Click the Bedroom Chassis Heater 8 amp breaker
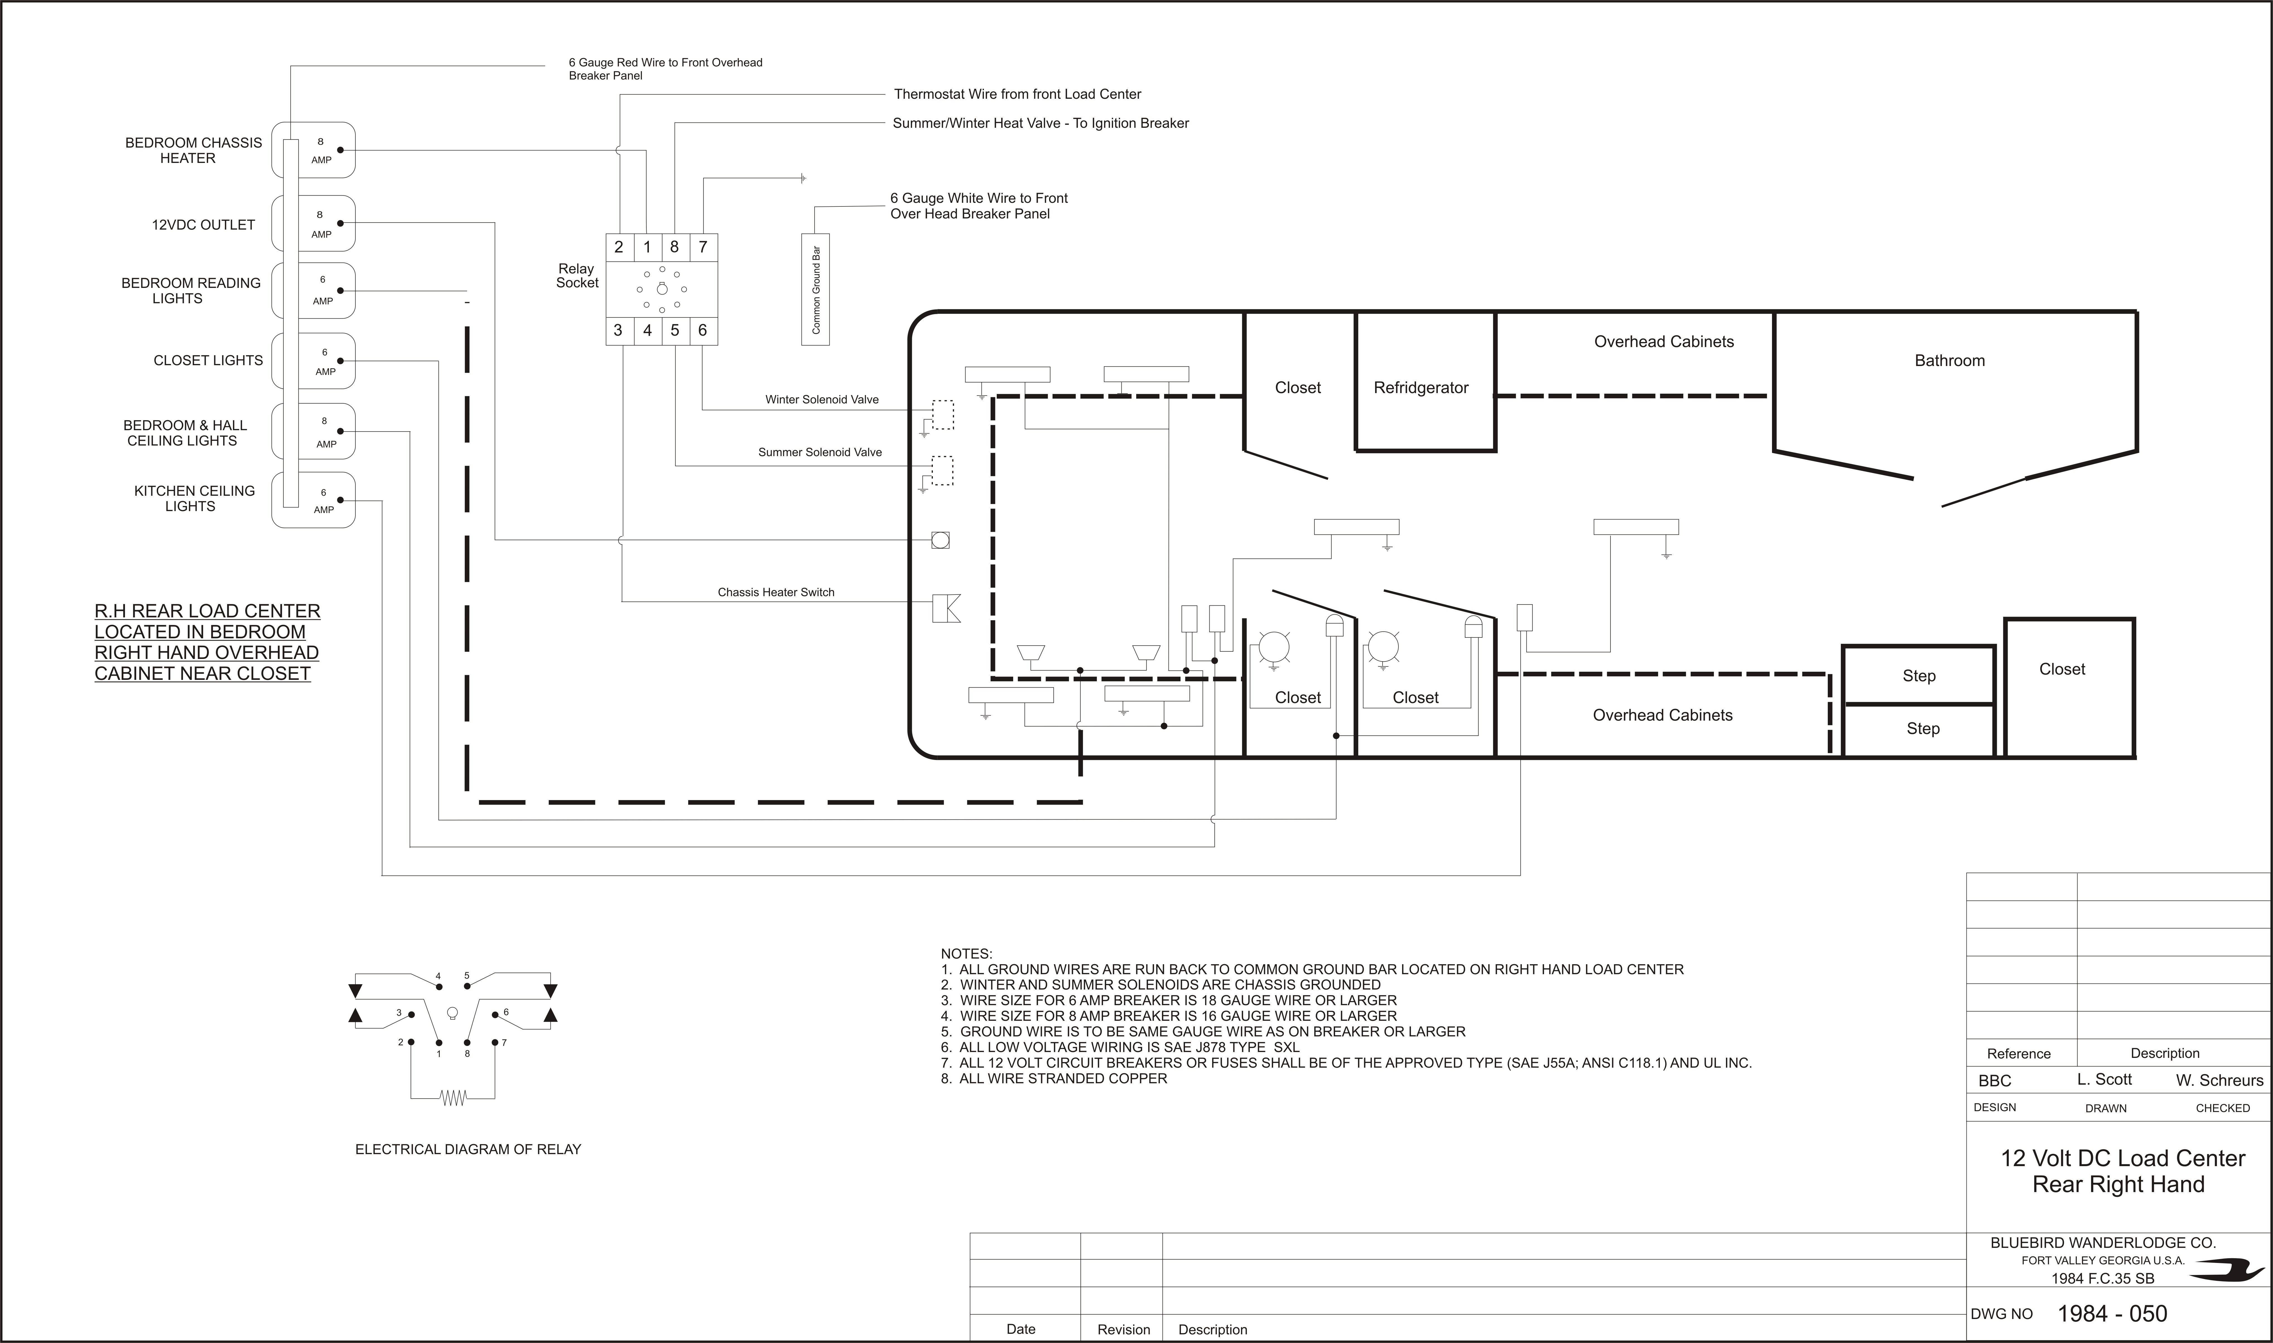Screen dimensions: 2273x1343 [x=313, y=150]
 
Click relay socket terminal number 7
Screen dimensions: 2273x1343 [x=703, y=247]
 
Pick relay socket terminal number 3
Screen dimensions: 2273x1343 [x=619, y=330]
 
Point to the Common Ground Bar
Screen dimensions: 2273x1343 [x=815, y=290]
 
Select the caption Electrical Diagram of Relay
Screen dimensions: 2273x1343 [x=468, y=1149]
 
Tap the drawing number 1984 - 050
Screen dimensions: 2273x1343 [x=2112, y=1313]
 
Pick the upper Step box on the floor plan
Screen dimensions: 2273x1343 [x=1918, y=675]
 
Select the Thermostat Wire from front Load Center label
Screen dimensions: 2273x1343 [x=1017, y=94]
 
